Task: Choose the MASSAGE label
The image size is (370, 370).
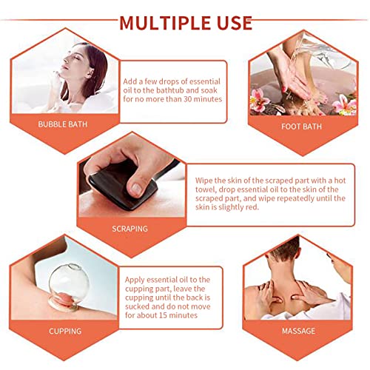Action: [x=298, y=331]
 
